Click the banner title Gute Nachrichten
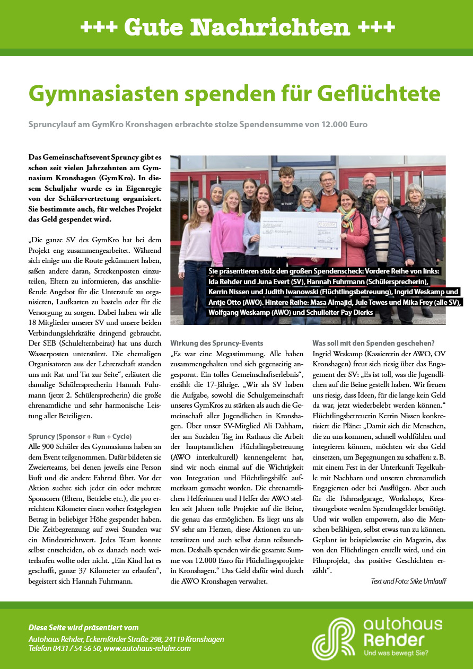237,26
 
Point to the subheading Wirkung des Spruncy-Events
216,343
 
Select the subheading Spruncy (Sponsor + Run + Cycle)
80,437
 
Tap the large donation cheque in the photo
300,234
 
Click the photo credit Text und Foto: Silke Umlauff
408,581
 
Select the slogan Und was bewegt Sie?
396,654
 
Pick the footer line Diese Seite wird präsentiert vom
83,628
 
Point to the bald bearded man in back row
369,186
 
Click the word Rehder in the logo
391,639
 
